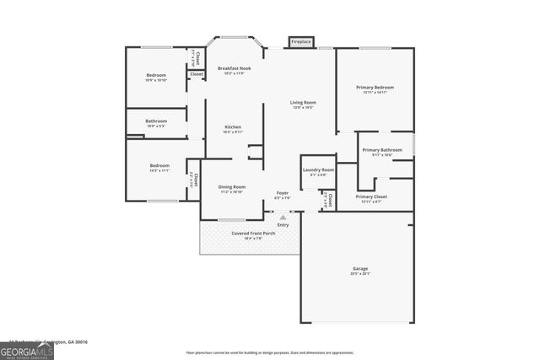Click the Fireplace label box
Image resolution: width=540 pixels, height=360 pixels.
tap(301, 41)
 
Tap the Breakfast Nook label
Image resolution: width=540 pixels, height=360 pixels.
tap(234, 68)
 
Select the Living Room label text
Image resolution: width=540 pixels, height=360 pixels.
tap(303, 103)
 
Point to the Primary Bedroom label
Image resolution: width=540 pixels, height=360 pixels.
tap(375, 88)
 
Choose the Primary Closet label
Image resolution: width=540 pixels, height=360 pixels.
tap(371, 196)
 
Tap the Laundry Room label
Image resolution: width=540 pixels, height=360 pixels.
tap(318, 170)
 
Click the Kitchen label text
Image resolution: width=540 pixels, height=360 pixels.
tap(233, 127)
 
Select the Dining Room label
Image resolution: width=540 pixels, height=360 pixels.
tap(232, 187)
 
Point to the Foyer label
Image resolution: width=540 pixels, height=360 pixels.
tap(283, 193)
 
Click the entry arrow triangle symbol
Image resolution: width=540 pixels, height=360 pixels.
tap(283, 217)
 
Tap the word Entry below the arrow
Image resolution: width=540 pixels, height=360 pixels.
tap(283, 224)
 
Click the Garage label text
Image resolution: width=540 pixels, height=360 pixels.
tap(359, 269)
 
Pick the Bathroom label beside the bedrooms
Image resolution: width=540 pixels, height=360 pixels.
tap(156, 121)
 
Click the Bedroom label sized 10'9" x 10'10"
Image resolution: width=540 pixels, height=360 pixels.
tap(156, 76)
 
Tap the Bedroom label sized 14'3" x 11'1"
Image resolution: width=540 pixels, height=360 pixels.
tap(159, 166)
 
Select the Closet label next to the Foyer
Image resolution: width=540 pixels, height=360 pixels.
tap(330, 200)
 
